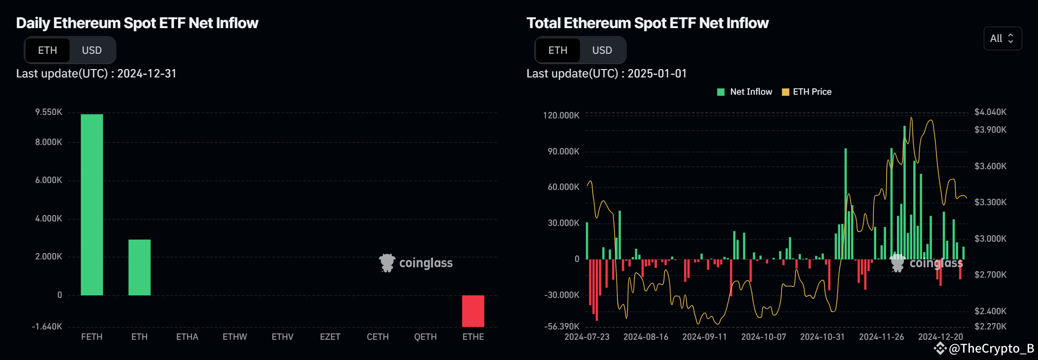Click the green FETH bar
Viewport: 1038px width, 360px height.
92,205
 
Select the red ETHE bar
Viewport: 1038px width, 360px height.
473,311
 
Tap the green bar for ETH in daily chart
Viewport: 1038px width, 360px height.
140,267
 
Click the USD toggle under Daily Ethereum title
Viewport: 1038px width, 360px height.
92,50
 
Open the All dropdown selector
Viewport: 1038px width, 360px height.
1002,38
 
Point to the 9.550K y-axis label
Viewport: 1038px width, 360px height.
48,112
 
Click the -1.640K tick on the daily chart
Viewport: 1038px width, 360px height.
47,326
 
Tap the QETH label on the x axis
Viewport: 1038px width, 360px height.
425,337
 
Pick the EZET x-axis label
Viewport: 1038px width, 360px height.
330,337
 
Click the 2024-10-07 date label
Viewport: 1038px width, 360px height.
763,337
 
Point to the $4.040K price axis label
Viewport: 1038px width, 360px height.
990,112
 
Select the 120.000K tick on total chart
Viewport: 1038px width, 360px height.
561,115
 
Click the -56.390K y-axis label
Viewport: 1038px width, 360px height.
562,326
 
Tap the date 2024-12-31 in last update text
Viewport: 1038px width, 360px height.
146,73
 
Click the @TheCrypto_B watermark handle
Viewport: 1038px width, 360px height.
990,349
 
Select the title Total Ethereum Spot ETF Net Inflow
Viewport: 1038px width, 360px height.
647,23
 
